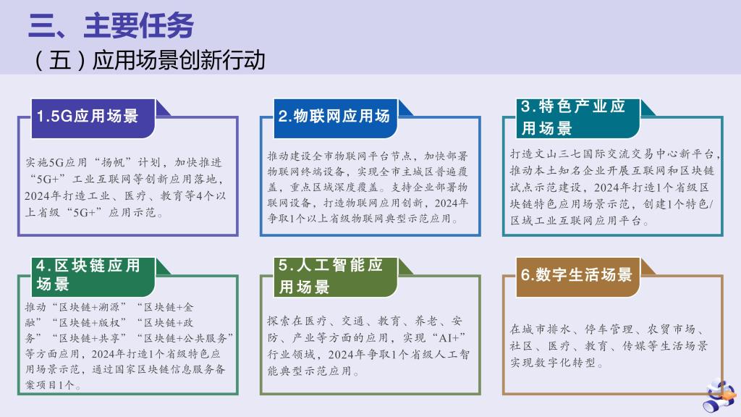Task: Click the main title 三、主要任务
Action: tap(111, 25)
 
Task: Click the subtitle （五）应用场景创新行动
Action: tap(149, 60)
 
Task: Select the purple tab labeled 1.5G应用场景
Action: tap(93, 118)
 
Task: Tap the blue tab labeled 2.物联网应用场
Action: tap(336, 118)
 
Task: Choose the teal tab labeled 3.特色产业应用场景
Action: tap(578, 118)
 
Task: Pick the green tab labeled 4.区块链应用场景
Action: tap(93, 277)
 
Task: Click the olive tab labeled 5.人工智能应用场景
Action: tap(336, 277)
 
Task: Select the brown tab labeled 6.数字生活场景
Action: tap(578, 277)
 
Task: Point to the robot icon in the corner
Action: tap(720, 396)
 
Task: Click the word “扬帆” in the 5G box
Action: tap(112, 163)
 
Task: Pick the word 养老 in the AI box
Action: tap(426, 321)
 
